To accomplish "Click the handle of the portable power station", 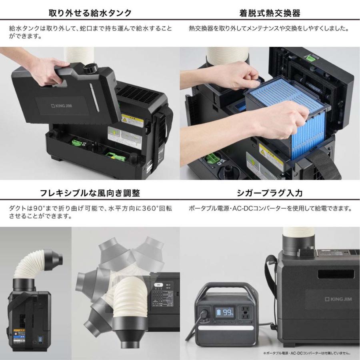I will click(226, 289).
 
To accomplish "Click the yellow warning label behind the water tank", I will click(130, 120).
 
